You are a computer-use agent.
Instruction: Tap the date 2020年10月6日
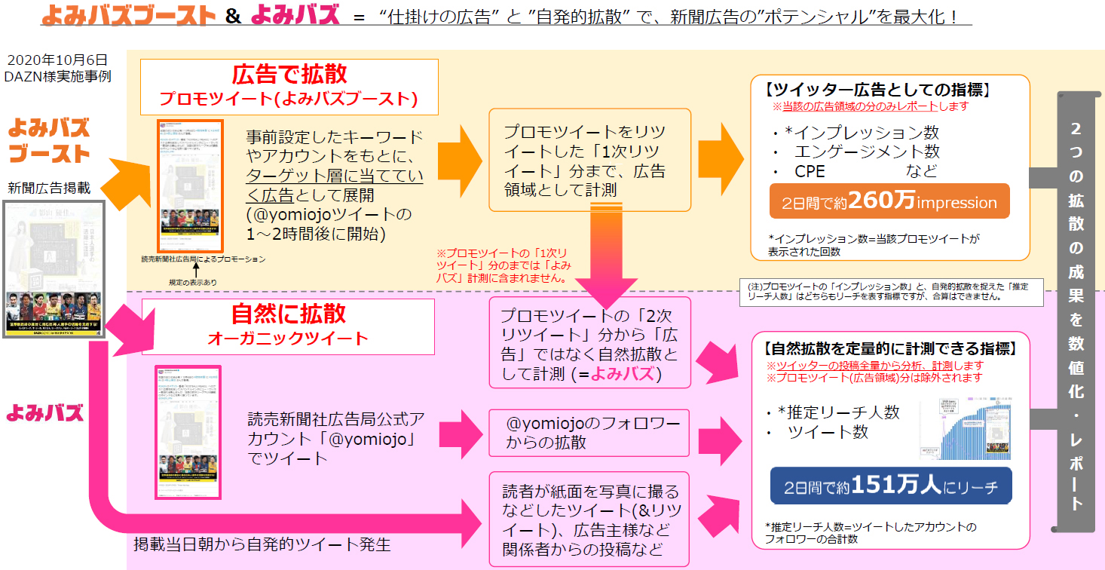pos(57,60)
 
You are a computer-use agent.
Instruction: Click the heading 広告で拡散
pos(289,73)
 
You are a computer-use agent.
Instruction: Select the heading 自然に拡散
pos(288,314)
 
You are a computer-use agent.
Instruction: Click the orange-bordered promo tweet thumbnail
pos(189,185)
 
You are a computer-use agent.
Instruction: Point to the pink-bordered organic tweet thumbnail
pos(187,431)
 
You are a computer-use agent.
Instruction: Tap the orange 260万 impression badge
pos(889,201)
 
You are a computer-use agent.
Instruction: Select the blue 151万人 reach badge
pos(890,487)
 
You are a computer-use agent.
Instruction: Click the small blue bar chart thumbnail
pos(965,426)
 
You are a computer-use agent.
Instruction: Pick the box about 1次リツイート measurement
pos(589,160)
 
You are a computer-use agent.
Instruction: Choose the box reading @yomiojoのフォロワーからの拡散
pos(589,433)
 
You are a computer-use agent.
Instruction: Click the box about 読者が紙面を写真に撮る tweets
pos(589,519)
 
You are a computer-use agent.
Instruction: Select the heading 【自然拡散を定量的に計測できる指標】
pos(890,349)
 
